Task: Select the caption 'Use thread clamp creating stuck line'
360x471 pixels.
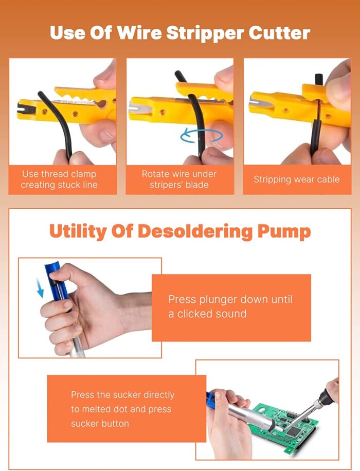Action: tap(59, 179)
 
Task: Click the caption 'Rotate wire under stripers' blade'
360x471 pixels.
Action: tap(179, 179)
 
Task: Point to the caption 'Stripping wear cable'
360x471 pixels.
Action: tap(296, 179)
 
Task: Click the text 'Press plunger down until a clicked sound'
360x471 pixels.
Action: tap(230, 306)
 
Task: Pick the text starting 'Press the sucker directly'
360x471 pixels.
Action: tap(122, 409)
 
